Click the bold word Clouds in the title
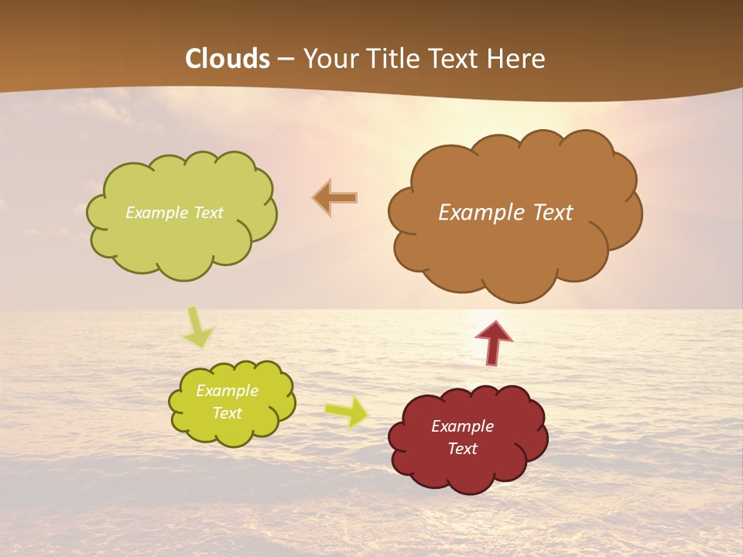pos(228,59)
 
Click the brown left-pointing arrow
pos(336,198)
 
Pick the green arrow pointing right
pos(348,412)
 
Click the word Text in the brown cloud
pos(554,212)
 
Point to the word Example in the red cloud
pos(462,426)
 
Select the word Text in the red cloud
pos(462,449)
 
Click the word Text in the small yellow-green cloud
pos(227,413)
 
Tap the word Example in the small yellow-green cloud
pos(227,391)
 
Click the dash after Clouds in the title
pos(285,60)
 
